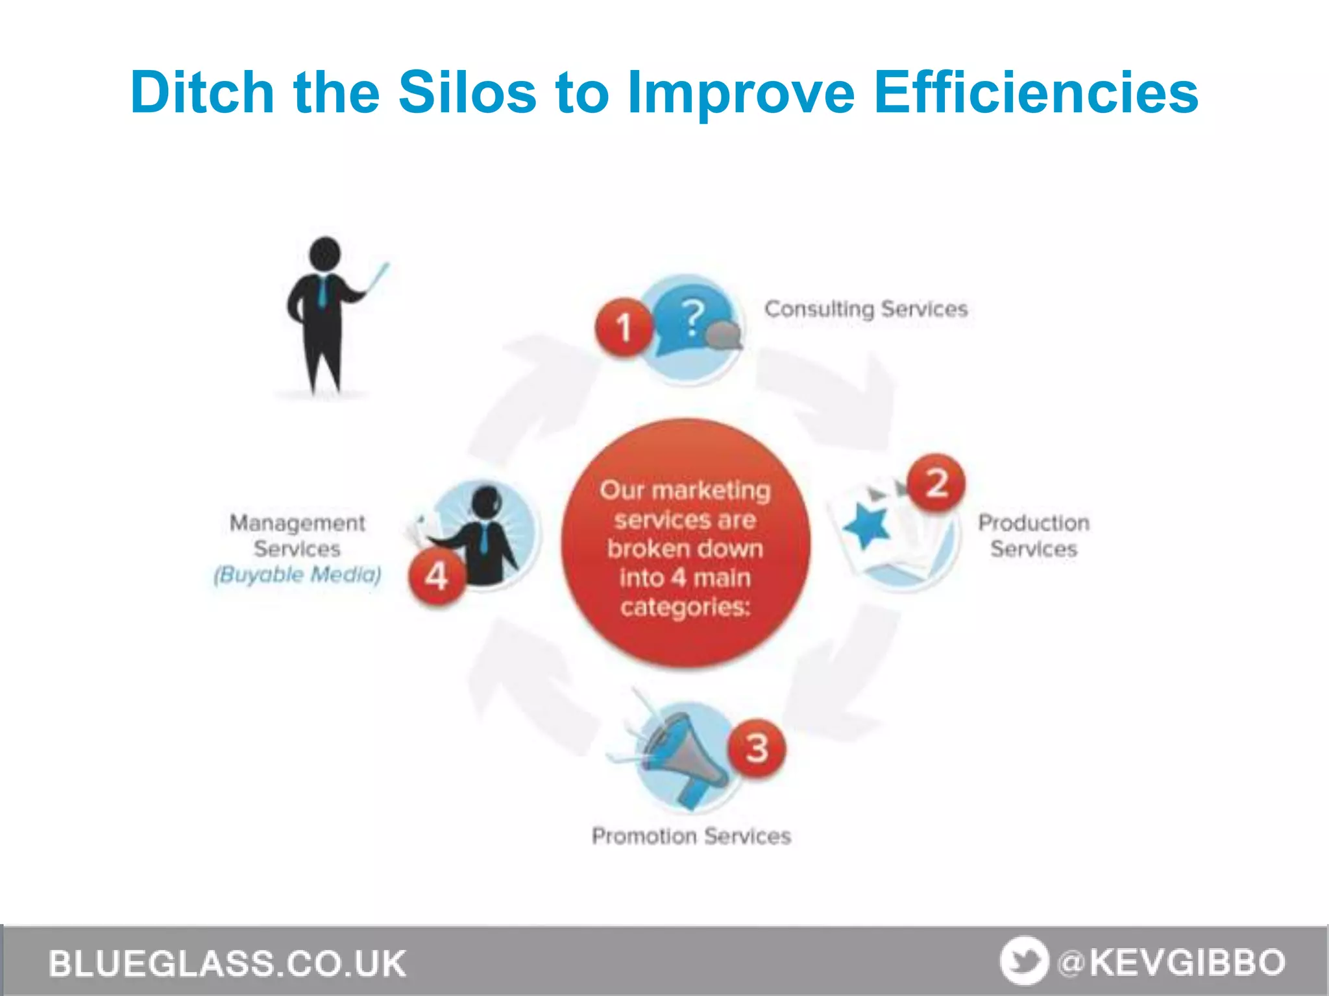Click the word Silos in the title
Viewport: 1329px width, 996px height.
pyautogui.click(x=467, y=93)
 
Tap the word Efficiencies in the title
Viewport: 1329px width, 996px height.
pyautogui.click(x=1036, y=93)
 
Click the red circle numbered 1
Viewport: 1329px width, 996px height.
pyautogui.click(x=624, y=326)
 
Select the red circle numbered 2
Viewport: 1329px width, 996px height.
pyautogui.click(x=936, y=483)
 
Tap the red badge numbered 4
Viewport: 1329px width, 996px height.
pyautogui.click(x=437, y=575)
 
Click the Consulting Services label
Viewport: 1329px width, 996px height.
pyautogui.click(x=866, y=309)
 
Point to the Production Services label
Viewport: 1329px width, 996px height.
pyautogui.click(x=1034, y=536)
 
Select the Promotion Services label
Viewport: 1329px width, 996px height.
pyautogui.click(x=691, y=836)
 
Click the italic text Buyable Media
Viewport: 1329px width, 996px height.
pyautogui.click(x=298, y=575)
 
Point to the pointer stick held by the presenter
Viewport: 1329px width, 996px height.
pyautogui.click(x=377, y=279)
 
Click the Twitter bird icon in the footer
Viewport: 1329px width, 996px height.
pyautogui.click(x=1024, y=961)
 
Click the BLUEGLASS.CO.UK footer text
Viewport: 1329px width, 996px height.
pyautogui.click(x=227, y=963)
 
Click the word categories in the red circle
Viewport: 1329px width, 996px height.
pyautogui.click(x=685, y=607)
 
